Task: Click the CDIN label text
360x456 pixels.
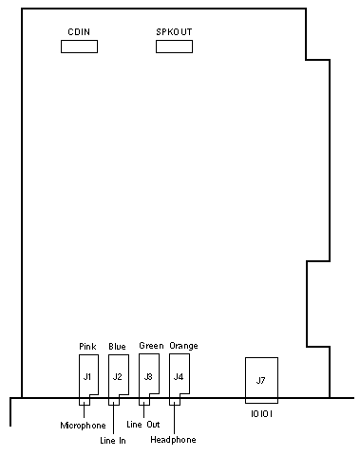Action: pyautogui.click(x=79, y=32)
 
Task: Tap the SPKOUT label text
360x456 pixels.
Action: pyautogui.click(x=174, y=32)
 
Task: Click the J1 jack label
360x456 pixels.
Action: pyautogui.click(x=87, y=376)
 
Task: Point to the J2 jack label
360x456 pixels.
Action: pyautogui.click(x=117, y=376)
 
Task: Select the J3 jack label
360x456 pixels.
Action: pyautogui.click(x=148, y=376)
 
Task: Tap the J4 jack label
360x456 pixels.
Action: pyautogui.click(x=179, y=376)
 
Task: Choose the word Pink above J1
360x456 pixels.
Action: pyautogui.click(x=87, y=347)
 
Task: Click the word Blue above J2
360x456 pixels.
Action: pyautogui.click(x=117, y=347)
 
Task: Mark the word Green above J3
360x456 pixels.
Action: pyautogui.click(x=151, y=346)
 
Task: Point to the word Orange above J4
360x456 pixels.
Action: pyautogui.click(x=183, y=346)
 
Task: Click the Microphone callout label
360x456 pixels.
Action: pyautogui.click(x=83, y=426)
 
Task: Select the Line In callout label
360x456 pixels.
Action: pyautogui.click(x=113, y=441)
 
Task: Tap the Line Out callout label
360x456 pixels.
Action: pyautogui.click(x=143, y=425)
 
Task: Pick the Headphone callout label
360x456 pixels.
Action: pyautogui.click(x=173, y=440)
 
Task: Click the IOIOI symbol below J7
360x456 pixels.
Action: pyautogui.click(x=261, y=414)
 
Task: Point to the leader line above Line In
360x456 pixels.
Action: pyautogui.click(x=113, y=419)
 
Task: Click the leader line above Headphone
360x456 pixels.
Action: pyautogui.click(x=174, y=418)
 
